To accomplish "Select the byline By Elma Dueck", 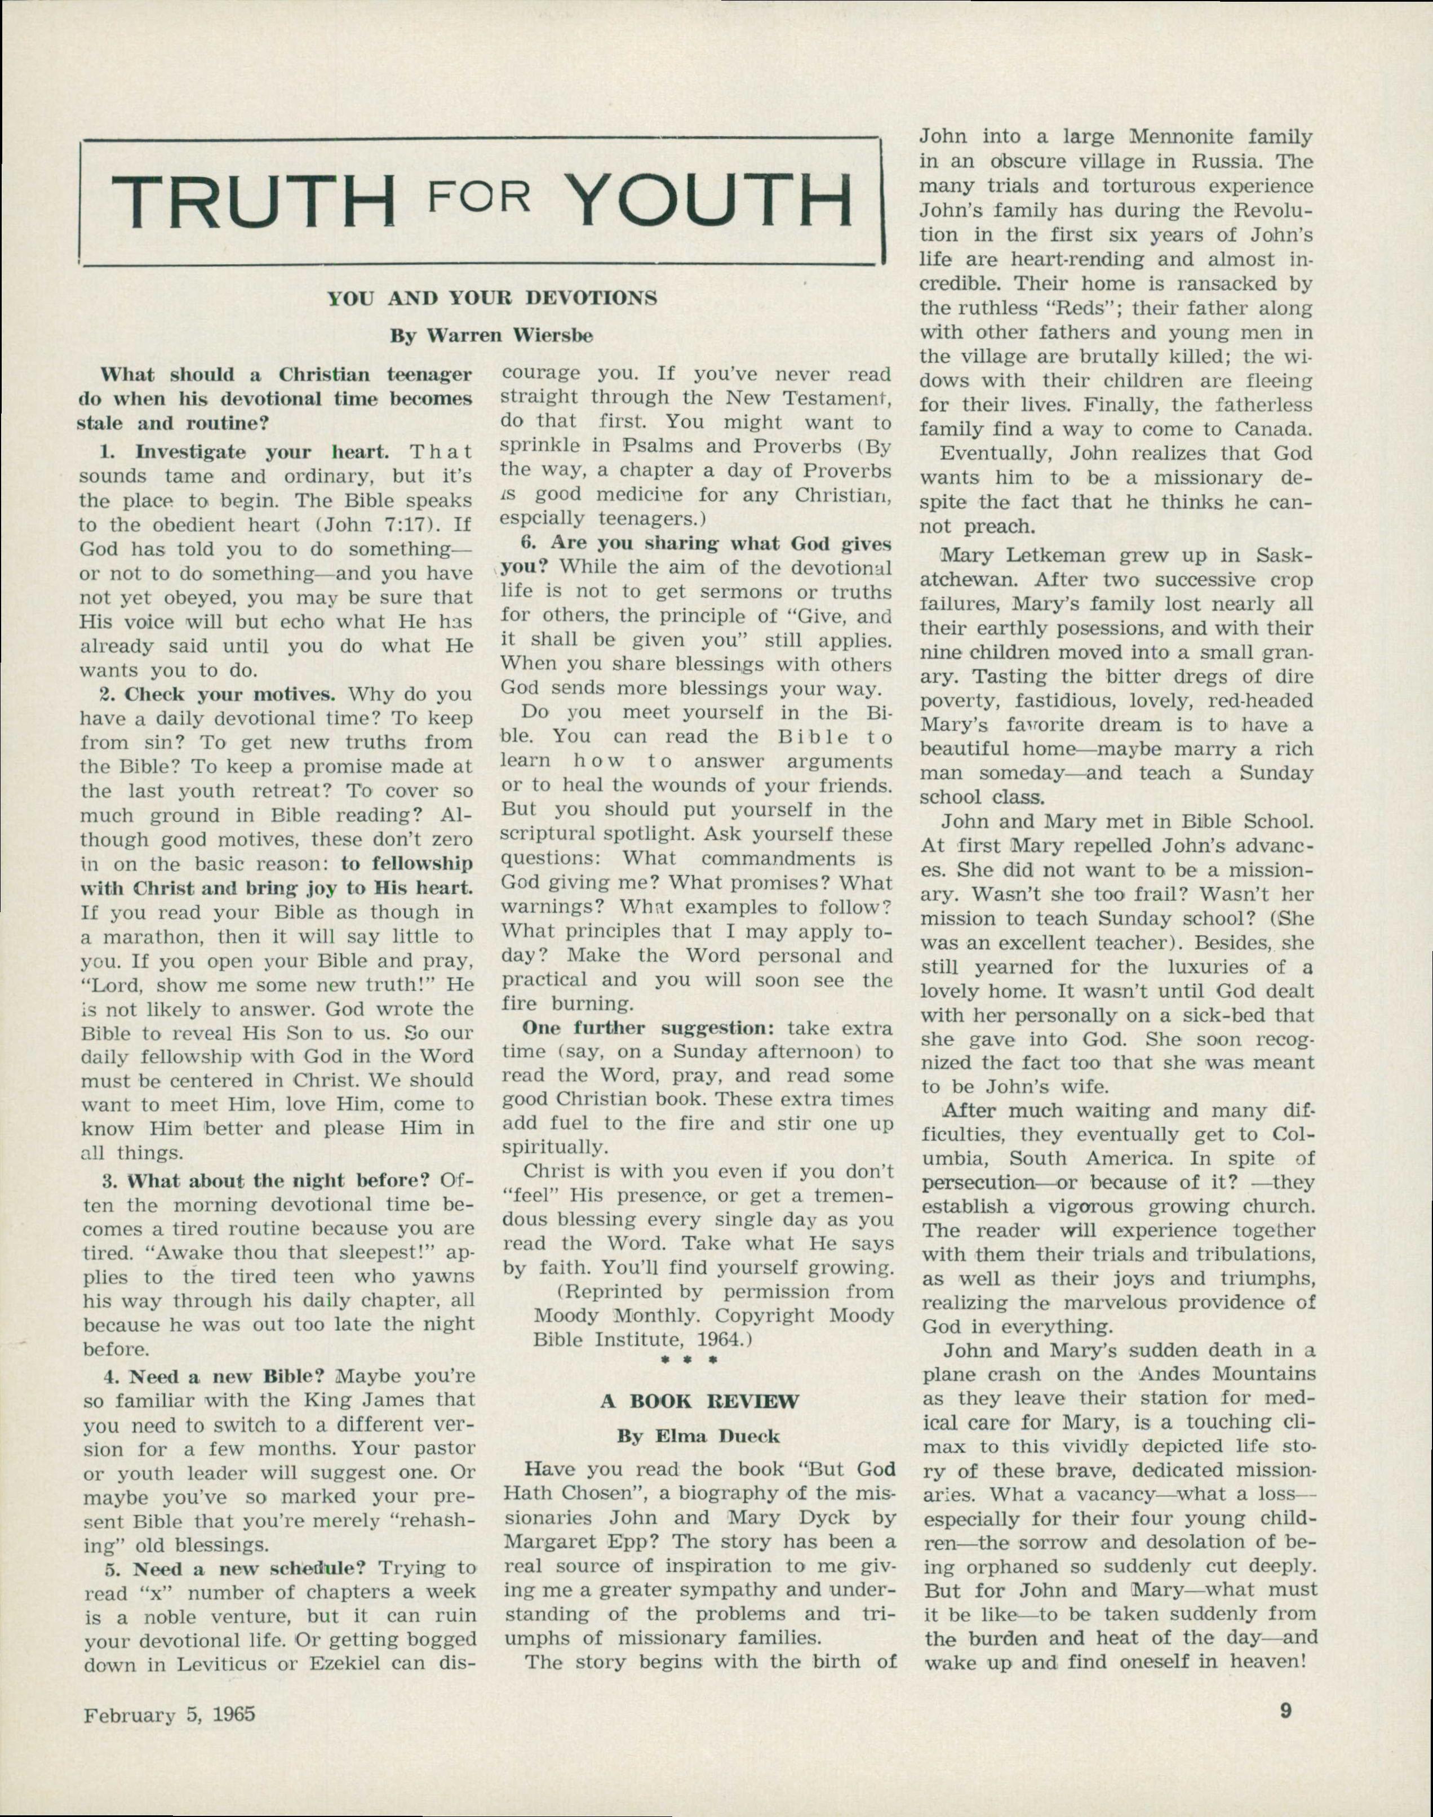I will click(699, 1436).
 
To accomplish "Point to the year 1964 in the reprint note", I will click(719, 1340).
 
